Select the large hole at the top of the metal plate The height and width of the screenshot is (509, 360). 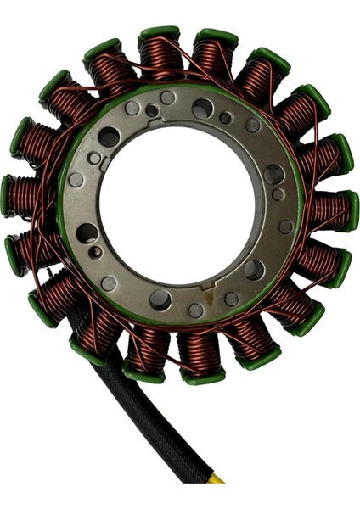coord(203,109)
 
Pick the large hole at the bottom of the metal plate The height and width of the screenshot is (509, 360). coord(160,299)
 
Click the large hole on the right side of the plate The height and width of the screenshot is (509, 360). coord(273,175)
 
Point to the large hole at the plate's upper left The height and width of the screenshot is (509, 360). coord(109,137)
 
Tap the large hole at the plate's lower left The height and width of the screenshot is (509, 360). coord(87,233)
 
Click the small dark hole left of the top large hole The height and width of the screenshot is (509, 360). coord(152,110)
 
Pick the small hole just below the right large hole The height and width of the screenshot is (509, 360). coord(278,194)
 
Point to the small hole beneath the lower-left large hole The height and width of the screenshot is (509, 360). coord(96,252)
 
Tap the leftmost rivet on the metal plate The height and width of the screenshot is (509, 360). coord(76,180)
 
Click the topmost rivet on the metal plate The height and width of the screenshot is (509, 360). coord(168,98)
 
